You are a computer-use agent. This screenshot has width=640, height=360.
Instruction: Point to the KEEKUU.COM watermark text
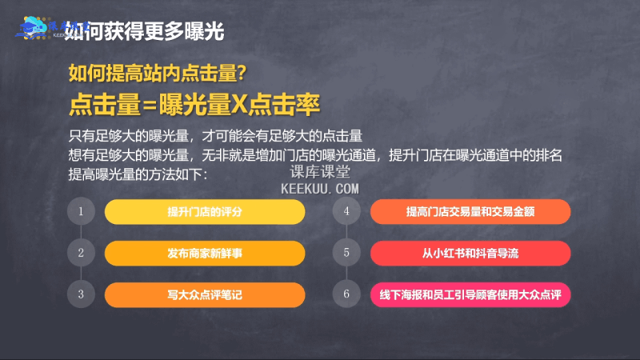pos(321,188)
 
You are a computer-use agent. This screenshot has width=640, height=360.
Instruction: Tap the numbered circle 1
pos(81,212)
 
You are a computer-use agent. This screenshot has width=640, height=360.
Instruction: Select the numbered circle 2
pos(81,253)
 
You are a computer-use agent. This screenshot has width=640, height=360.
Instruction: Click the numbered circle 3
pos(81,294)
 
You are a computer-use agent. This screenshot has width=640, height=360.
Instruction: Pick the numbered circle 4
pos(346,212)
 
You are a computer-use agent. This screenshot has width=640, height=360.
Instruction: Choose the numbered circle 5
pos(346,253)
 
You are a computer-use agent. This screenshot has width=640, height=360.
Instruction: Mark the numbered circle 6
pos(346,294)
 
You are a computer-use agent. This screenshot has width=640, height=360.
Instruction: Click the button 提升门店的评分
pos(205,212)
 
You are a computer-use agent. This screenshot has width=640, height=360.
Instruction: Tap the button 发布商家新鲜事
pos(205,253)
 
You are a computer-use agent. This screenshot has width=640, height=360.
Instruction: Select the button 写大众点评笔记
pos(205,294)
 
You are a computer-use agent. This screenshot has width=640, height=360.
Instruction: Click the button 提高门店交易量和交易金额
pos(470,212)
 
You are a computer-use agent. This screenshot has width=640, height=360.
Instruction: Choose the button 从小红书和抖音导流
pos(470,253)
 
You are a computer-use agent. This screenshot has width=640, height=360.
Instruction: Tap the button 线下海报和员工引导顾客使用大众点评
pos(470,294)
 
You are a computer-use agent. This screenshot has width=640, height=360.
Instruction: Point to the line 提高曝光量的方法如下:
pos(138,173)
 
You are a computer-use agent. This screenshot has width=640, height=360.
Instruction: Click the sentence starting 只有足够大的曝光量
pos(216,134)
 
